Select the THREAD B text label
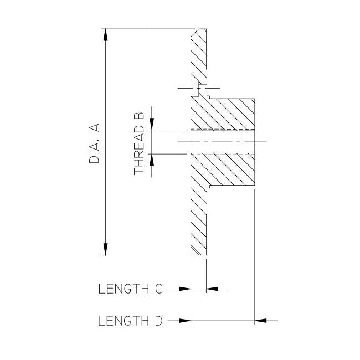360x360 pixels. click(139, 143)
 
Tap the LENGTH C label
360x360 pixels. click(130, 289)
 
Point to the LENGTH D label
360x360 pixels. click(130, 321)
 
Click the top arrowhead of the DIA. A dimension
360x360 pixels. click(105, 34)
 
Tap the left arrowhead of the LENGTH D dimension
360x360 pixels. click(184, 321)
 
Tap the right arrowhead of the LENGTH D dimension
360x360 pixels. click(261, 321)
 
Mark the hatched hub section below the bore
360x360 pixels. click(227, 169)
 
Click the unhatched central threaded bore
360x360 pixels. click(222, 142)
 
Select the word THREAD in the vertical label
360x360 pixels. click(139, 153)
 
